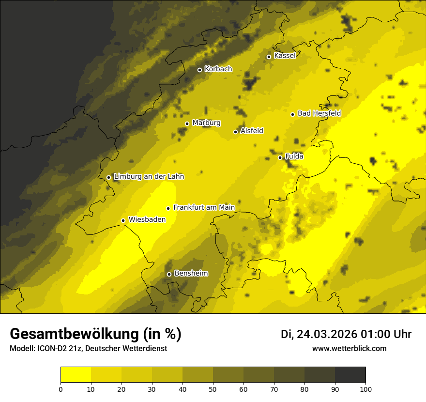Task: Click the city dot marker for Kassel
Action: tap(269, 57)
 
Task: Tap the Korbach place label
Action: tap(218, 69)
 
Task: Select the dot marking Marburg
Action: tap(187, 124)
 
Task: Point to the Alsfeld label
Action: tap(252, 131)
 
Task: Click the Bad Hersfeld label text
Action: tap(319, 113)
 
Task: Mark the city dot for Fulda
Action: tap(280, 157)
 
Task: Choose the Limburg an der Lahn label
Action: tap(149, 177)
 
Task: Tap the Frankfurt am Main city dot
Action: tap(168, 208)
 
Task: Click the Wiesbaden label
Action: tap(147, 219)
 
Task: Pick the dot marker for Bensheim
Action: tap(169, 274)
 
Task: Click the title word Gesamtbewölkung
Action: tap(75, 334)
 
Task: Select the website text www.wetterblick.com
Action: tap(350, 348)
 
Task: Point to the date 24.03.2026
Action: tap(326, 334)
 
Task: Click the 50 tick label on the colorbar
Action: tap(213, 389)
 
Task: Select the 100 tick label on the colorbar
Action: tap(365, 389)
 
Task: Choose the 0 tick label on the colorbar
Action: tap(61, 389)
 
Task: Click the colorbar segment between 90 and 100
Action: tap(350, 375)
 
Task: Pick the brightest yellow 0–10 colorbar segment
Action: tap(76, 375)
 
